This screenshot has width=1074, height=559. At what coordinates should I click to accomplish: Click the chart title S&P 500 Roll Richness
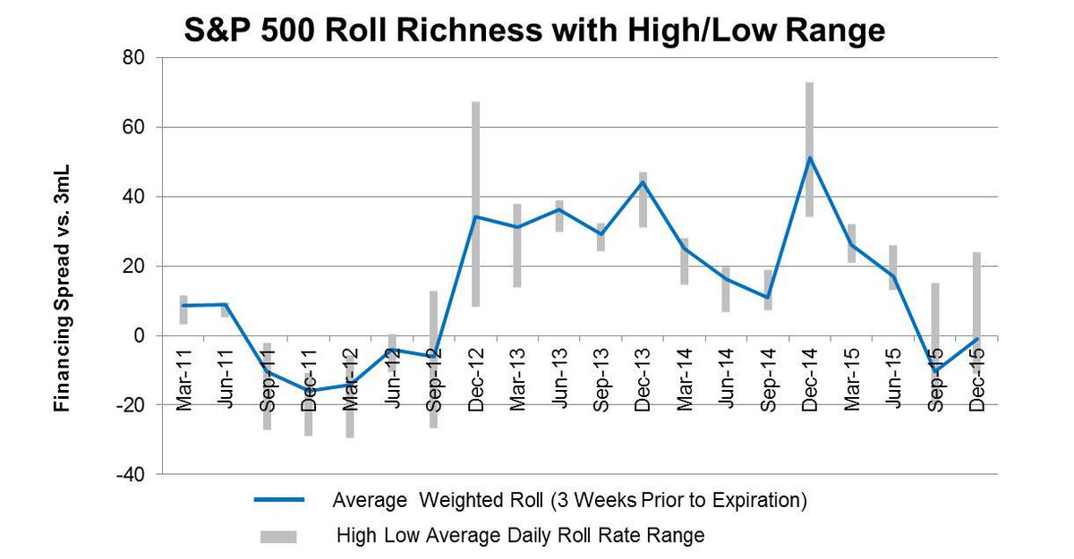click(534, 31)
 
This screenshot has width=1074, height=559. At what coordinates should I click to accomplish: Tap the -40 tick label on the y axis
click(133, 474)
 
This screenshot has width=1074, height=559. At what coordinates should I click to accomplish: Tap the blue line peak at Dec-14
click(809, 157)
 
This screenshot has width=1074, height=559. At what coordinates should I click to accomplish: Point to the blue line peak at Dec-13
click(642, 182)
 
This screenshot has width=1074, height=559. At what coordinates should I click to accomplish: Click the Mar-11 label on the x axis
click(183, 379)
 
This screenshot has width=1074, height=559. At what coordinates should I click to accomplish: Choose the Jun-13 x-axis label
click(558, 379)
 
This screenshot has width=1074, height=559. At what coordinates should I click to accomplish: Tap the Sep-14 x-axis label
click(767, 379)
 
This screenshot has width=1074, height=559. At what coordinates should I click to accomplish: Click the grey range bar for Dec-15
click(976, 286)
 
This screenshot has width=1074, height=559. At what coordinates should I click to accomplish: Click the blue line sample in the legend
click(279, 500)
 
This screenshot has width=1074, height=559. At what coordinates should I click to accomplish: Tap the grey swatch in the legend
click(279, 537)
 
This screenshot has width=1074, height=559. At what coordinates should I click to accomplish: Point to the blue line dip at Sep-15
click(935, 370)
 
